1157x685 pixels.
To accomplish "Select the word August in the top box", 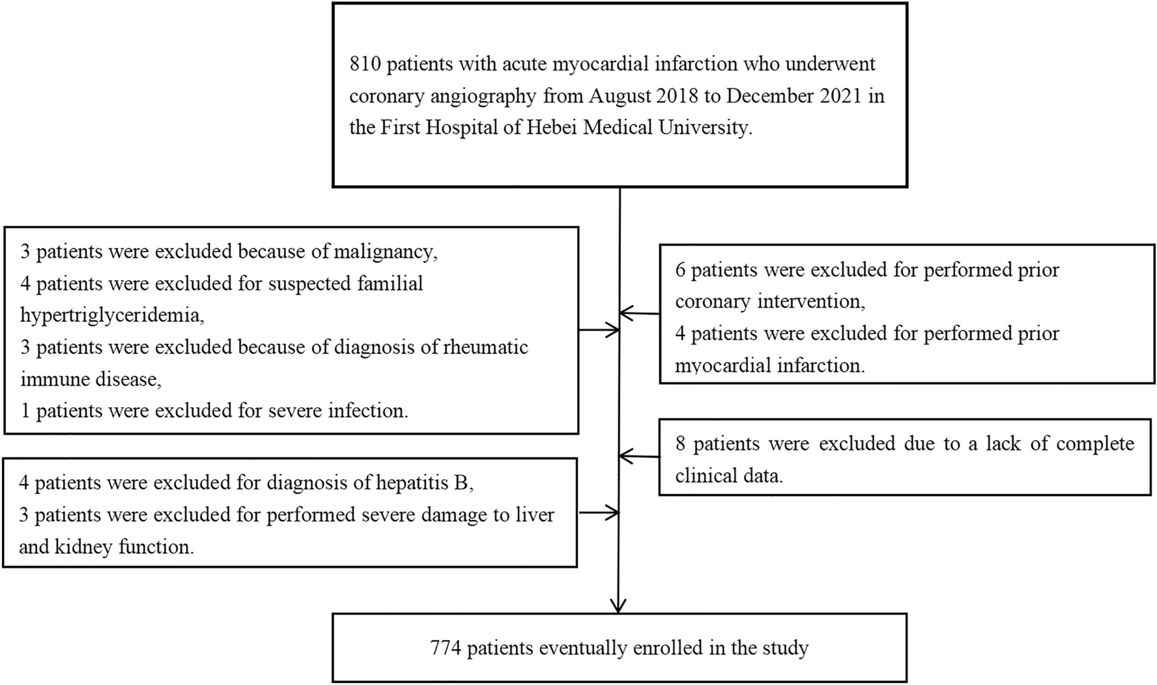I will (619, 96).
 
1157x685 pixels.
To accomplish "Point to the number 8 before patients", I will (680, 445).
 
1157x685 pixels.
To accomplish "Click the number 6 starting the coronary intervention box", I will (680, 270).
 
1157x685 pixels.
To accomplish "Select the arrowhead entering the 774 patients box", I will (619, 605).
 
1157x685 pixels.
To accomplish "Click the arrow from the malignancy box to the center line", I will (599, 330).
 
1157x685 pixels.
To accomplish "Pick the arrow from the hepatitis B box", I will (599, 514).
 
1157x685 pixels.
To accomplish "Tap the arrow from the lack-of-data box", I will (638, 456).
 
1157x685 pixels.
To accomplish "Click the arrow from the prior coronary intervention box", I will (638, 313).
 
